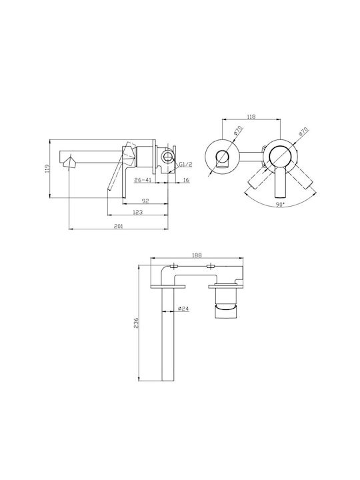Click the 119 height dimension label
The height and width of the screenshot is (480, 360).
(x=47, y=169)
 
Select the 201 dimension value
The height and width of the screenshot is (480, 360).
(x=118, y=226)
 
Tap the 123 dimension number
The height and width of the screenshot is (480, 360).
(x=138, y=212)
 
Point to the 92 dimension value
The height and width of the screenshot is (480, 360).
(x=145, y=201)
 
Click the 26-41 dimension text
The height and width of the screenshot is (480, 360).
(x=143, y=180)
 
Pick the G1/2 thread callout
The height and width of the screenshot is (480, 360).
(x=185, y=165)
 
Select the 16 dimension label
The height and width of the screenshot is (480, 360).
(x=186, y=180)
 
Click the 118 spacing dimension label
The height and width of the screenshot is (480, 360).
(x=251, y=116)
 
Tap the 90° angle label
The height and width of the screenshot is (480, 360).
(x=280, y=205)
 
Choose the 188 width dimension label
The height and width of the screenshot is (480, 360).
(x=197, y=255)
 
